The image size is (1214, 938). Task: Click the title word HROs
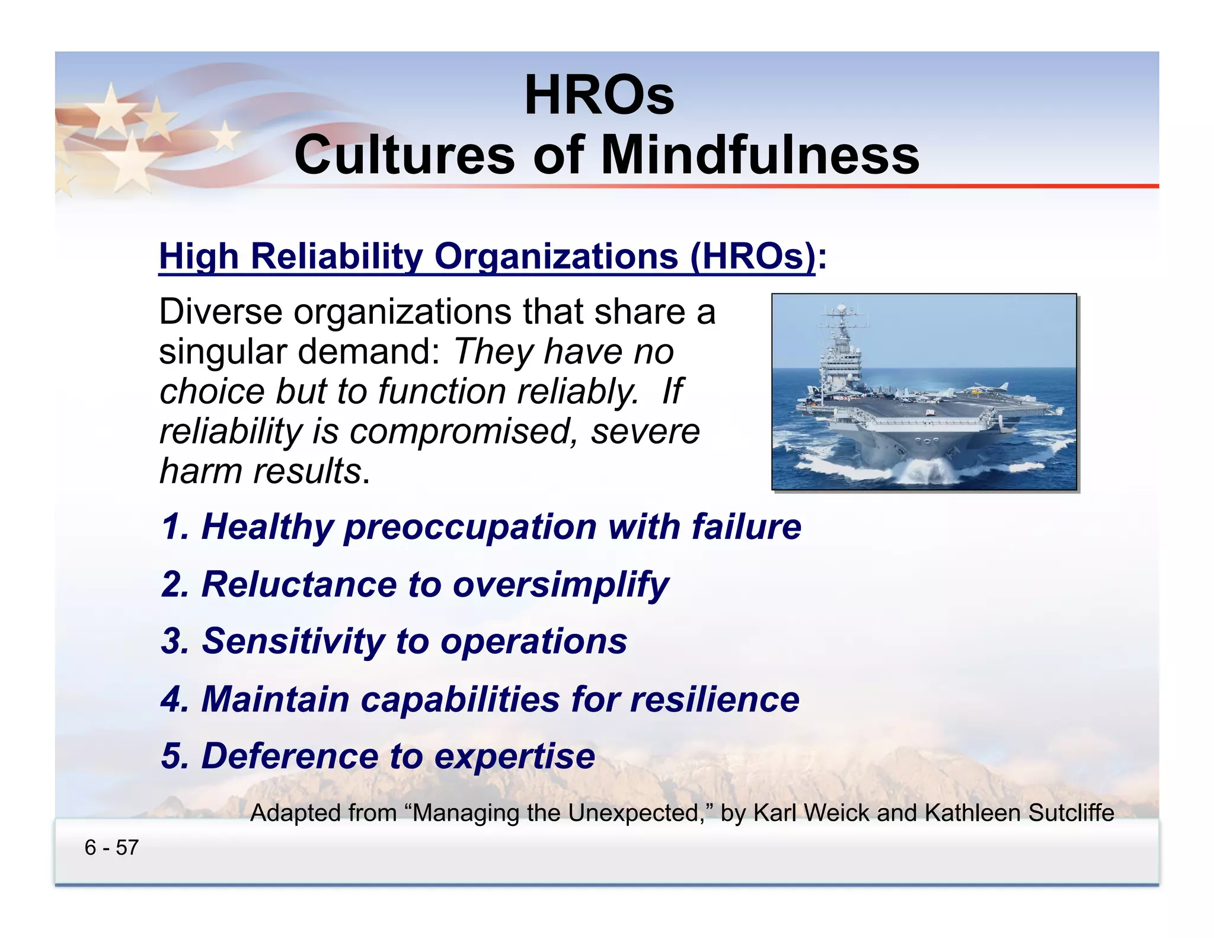pyautogui.click(x=599, y=96)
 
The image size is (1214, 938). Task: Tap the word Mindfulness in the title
pyautogui.click(x=760, y=155)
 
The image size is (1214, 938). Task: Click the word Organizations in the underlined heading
pyautogui.click(x=556, y=257)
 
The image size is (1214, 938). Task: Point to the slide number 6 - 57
pyautogui.click(x=111, y=848)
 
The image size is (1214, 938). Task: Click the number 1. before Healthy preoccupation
pyautogui.click(x=175, y=527)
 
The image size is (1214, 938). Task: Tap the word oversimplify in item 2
pyautogui.click(x=561, y=585)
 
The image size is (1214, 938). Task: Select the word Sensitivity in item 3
pyautogui.click(x=294, y=642)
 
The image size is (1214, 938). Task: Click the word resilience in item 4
pyautogui.click(x=714, y=699)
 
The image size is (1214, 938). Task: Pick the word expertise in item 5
pyautogui.click(x=515, y=757)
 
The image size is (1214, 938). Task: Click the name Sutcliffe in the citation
pyautogui.click(x=1071, y=813)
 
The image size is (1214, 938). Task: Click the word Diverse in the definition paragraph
pyautogui.click(x=221, y=312)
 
